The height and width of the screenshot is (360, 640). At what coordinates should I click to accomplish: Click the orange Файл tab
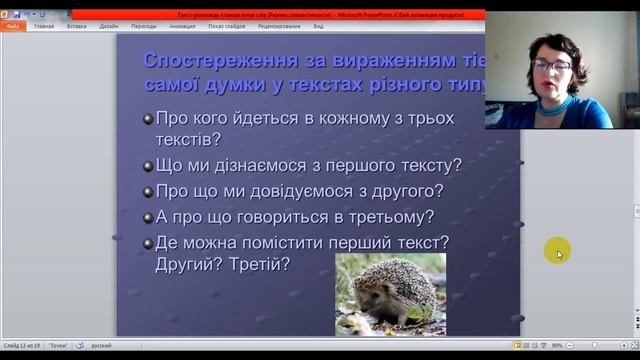(x=13, y=26)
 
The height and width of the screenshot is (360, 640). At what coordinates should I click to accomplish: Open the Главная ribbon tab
(x=44, y=26)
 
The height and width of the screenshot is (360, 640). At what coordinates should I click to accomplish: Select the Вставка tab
(x=76, y=26)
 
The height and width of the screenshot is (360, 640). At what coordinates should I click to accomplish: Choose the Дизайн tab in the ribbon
(x=108, y=26)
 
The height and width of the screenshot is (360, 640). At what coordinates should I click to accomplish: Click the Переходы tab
(x=143, y=26)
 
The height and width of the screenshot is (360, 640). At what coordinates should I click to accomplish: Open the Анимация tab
(x=182, y=26)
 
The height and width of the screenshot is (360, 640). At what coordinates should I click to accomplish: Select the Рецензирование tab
(x=278, y=26)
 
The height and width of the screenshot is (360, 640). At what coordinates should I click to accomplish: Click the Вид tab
(x=318, y=26)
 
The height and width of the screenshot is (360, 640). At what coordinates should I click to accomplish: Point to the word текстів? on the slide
(x=188, y=140)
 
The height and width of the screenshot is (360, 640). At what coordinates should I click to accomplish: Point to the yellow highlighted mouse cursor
(x=557, y=252)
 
